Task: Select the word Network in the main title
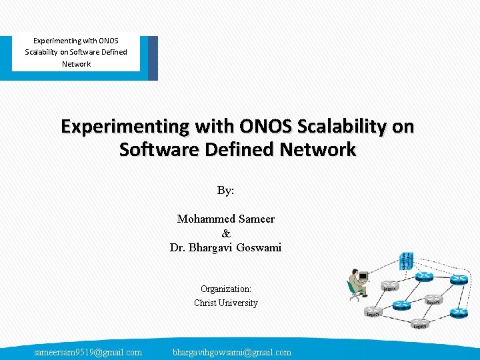(x=317, y=149)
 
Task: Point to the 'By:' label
(x=225, y=190)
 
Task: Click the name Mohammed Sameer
(x=225, y=219)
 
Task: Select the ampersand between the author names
(x=225, y=233)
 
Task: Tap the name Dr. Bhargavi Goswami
(x=225, y=247)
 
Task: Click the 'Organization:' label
(x=225, y=289)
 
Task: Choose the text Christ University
(x=225, y=303)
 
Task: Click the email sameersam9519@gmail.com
(x=88, y=352)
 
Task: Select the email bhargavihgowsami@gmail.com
(x=231, y=352)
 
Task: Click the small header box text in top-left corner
(x=76, y=52)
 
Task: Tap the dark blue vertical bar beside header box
(x=153, y=58)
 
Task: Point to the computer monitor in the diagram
(x=363, y=275)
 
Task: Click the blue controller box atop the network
(x=405, y=261)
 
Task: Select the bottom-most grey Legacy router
(x=419, y=323)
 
